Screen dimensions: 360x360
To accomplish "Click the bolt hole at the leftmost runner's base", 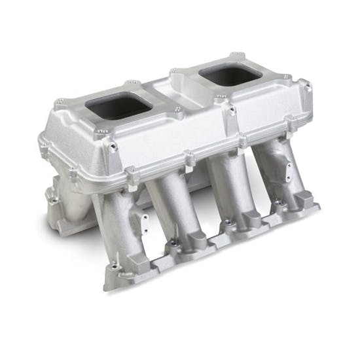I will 115,266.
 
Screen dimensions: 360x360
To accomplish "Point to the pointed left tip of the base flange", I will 107,287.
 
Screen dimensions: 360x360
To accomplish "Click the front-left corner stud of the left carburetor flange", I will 99,133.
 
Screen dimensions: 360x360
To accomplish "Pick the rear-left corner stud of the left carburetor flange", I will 61,103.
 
